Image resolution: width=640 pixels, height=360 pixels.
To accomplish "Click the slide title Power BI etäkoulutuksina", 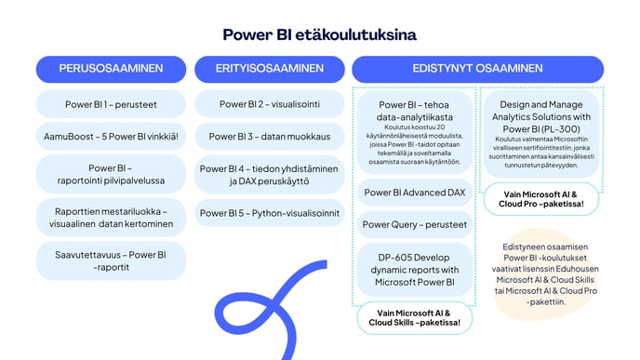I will click(319, 34).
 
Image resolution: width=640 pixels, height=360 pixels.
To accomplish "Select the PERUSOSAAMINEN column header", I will click(111, 69).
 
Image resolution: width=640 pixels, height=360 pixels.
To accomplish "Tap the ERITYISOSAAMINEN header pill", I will click(269, 69).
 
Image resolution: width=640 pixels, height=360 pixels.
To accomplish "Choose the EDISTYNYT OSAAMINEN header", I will click(477, 69).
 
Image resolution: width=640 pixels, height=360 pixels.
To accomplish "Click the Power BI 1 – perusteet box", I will click(111, 104).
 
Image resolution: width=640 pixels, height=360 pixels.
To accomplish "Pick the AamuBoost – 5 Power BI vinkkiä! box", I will click(111, 136).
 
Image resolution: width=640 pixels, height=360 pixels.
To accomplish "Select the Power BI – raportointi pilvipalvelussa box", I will click(111, 175).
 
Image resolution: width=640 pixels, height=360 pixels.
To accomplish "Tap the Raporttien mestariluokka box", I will click(111, 217).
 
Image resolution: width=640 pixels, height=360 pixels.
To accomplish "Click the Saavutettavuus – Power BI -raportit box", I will click(111, 260).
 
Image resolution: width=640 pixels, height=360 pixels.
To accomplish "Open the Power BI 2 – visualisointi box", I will click(269, 104).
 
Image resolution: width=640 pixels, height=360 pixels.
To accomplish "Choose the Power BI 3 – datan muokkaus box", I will click(269, 136).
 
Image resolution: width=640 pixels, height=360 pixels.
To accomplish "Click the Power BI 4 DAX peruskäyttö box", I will click(269, 175).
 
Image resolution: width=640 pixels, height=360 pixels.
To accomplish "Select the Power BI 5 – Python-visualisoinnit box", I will click(269, 213).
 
